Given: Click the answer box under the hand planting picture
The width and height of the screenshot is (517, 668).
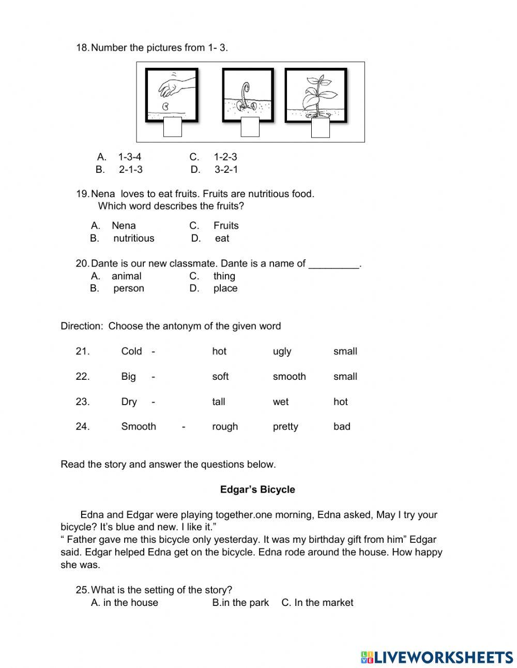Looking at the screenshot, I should (172, 127).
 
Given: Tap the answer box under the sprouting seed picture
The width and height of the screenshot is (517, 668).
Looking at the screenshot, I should (250, 127).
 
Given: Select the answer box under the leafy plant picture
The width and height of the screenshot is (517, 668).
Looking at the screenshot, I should (320, 128).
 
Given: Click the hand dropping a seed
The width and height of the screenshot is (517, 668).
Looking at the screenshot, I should (176, 85).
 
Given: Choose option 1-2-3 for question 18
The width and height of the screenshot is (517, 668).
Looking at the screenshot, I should (225, 157).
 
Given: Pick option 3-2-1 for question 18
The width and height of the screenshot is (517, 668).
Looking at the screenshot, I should (226, 169).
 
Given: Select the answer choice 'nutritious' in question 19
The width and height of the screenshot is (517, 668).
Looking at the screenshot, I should (133, 238).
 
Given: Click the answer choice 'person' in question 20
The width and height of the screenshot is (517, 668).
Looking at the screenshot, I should (128, 288).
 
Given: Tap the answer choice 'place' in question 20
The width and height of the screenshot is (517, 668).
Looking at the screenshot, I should (225, 288).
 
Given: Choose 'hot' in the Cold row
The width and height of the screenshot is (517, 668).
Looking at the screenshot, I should (219, 351).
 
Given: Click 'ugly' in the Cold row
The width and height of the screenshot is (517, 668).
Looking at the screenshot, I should (282, 351).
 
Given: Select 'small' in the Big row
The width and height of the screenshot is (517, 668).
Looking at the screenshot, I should (345, 377).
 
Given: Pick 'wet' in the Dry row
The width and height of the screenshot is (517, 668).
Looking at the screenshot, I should (281, 402).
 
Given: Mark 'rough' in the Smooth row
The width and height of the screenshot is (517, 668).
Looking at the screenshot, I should (225, 426).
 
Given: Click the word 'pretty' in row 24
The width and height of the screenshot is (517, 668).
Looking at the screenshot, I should (285, 426).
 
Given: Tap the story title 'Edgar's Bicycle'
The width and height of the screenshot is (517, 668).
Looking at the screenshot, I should (257, 489).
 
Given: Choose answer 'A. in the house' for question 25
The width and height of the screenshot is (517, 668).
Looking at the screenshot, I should (125, 602).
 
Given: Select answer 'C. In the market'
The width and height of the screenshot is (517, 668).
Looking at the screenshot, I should (317, 602).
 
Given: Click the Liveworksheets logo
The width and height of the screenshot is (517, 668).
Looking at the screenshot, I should (437, 657).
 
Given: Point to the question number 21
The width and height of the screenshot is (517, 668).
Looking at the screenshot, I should (83, 351).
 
